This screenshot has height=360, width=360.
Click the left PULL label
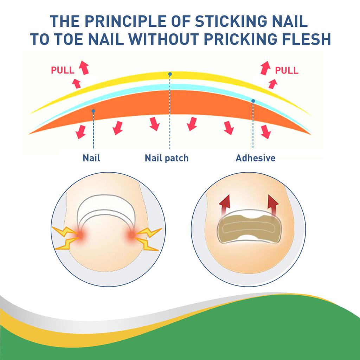(63, 70)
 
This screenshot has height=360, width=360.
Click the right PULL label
(287, 70)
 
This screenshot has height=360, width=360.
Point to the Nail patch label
(167, 158)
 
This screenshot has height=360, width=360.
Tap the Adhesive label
(255, 158)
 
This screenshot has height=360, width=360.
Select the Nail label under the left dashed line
(91, 158)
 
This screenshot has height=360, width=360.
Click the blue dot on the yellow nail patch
(170, 74)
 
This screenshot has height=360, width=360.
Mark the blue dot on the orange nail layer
(93, 111)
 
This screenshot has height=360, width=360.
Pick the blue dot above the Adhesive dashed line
(253, 101)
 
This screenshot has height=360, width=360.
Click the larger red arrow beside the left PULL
(84, 67)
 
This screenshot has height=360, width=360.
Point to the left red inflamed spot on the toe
(81, 234)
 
